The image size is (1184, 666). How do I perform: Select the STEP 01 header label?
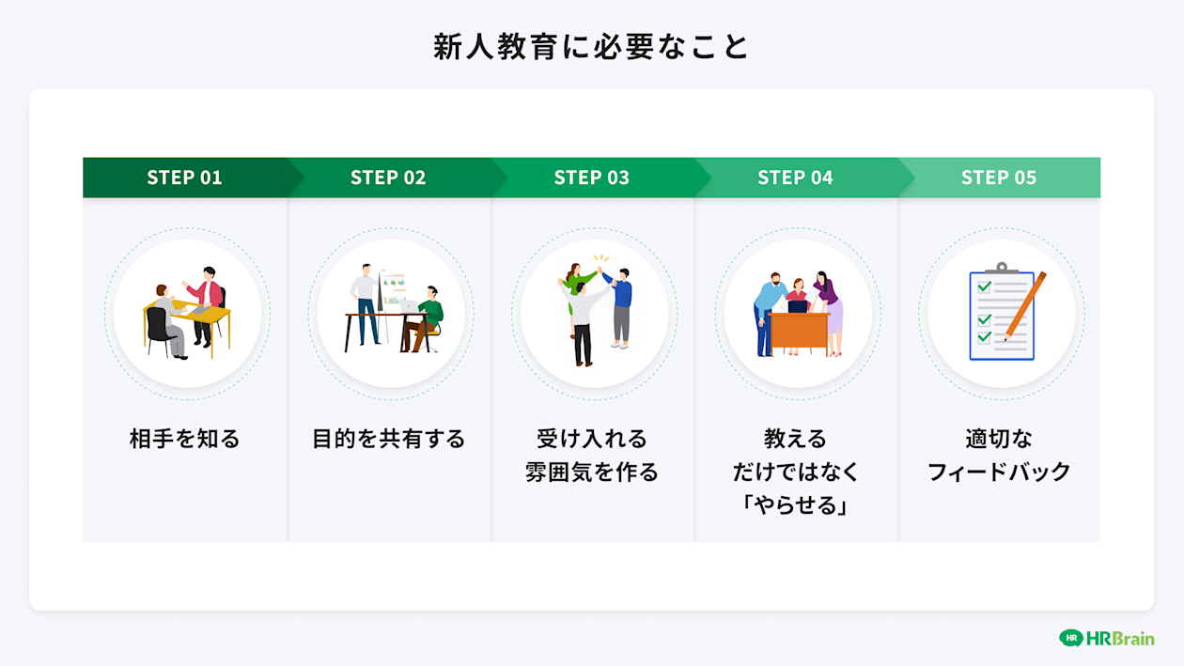pos(184,178)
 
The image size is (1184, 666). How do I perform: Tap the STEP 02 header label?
pos(388,178)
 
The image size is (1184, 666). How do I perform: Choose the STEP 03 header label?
pos(592,178)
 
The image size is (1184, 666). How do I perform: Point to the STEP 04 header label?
pos(795,178)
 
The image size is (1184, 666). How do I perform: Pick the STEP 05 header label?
pos(999,178)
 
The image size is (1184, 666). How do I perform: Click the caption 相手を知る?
pos(185,439)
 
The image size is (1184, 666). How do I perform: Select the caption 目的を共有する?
pos(388,439)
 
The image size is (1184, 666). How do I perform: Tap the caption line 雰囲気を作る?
pos(592,472)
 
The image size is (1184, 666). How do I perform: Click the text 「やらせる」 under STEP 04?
pos(795,504)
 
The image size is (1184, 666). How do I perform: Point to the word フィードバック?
pos(999,472)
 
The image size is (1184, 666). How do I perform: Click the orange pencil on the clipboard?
pos(1024,305)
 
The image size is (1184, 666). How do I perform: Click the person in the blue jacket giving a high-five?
pos(621,305)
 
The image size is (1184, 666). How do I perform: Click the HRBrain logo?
pos(1106,638)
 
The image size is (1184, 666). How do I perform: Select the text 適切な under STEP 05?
pos(999,439)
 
